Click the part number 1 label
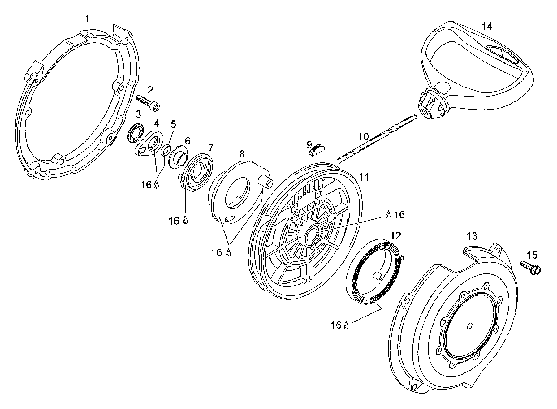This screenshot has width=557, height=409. coord(87,19)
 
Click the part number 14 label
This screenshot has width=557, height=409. coord(487,27)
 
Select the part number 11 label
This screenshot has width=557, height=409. coord(364,177)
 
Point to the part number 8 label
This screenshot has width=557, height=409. coord(242,153)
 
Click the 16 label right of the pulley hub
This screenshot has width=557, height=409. coord(399,215)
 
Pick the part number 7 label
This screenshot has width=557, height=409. coord(211,147)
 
